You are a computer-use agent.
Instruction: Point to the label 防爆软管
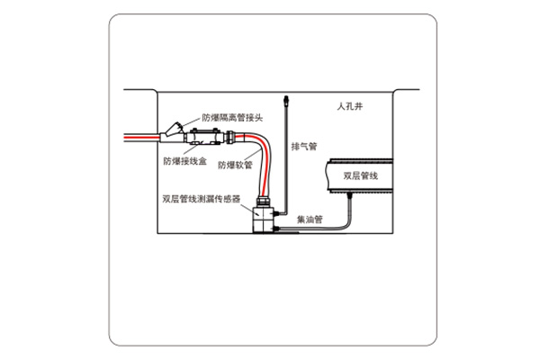click(x=234, y=166)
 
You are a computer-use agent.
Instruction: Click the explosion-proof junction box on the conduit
click(x=203, y=139)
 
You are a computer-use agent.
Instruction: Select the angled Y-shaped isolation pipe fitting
click(x=174, y=131)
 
